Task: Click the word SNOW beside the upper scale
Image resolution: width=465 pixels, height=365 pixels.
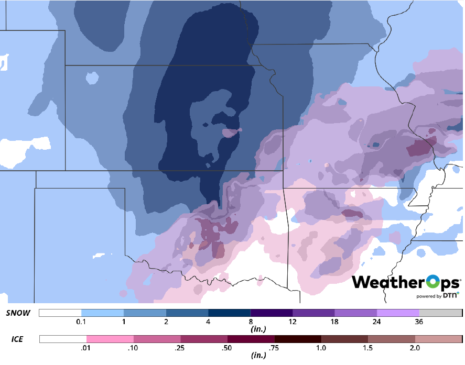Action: (x=18, y=313)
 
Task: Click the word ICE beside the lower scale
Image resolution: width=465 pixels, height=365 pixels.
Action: (x=17, y=339)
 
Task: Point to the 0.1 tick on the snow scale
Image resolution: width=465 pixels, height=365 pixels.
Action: (x=81, y=322)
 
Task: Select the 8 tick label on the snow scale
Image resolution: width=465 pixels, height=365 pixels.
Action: (x=251, y=322)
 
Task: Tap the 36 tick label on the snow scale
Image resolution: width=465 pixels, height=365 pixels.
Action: (x=419, y=322)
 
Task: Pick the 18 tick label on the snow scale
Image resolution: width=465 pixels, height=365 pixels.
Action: (x=334, y=322)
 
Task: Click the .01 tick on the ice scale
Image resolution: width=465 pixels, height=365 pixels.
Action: (x=86, y=347)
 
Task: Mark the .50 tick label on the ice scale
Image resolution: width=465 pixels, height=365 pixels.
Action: (x=228, y=347)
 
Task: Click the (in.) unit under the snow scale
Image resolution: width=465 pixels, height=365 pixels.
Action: (x=251, y=329)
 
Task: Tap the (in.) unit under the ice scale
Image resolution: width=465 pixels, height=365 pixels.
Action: (x=251, y=355)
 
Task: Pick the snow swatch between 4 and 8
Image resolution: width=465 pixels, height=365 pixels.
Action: (x=229, y=313)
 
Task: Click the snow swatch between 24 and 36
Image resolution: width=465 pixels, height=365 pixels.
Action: (x=398, y=313)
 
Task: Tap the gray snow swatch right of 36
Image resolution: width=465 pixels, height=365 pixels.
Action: (x=440, y=313)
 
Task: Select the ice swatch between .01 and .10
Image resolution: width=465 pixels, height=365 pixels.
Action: (x=110, y=339)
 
